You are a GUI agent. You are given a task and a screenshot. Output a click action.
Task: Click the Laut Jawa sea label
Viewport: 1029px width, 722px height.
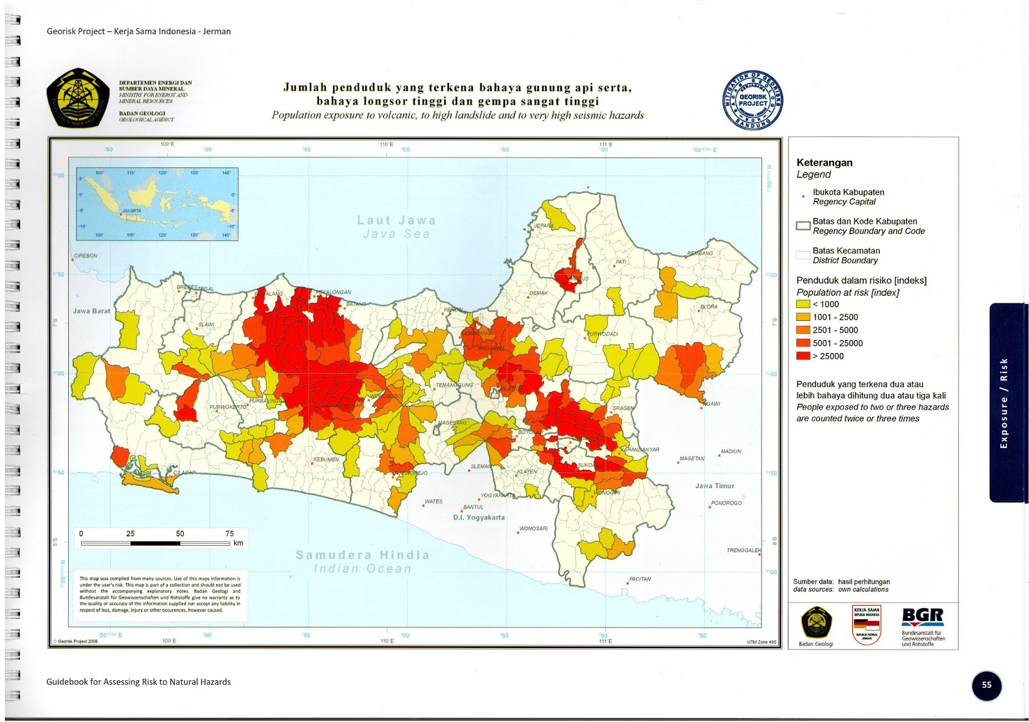[396, 221]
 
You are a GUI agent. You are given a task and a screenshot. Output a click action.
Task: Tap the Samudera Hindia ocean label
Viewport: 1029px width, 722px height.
[362, 555]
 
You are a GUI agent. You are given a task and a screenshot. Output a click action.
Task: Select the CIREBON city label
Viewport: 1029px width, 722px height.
[86, 256]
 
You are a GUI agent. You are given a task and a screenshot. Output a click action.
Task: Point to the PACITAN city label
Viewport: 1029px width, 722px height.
[640, 579]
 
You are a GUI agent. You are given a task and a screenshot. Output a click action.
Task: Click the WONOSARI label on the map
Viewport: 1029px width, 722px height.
[533, 528]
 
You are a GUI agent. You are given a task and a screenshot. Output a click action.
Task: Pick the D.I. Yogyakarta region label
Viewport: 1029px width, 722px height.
[478, 518]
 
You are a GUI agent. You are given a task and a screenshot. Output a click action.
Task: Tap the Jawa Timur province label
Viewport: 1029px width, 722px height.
[715, 486]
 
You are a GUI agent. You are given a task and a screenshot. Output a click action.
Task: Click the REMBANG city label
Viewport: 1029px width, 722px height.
[700, 253]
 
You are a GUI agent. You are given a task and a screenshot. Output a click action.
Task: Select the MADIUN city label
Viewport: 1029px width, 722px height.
[731, 451]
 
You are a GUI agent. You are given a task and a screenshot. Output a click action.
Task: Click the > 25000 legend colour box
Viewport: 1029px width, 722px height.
[803, 356]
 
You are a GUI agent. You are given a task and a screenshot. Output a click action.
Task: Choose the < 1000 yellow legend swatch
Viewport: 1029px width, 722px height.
[803, 304]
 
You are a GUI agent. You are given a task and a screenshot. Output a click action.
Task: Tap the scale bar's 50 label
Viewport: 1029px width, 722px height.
[180, 534]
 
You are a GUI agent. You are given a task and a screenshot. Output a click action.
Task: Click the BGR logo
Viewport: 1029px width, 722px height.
[922, 617]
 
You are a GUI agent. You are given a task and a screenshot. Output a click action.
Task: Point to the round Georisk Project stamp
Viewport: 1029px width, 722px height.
[752, 100]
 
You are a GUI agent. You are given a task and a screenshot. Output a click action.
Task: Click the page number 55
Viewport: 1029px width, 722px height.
[987, 685]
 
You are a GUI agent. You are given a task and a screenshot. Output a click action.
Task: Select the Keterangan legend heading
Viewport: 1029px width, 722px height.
[824, 163]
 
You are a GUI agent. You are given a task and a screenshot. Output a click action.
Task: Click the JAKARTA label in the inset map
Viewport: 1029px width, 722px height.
[131, 211]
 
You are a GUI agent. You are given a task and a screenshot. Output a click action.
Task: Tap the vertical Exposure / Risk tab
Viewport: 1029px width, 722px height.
[1004, 403]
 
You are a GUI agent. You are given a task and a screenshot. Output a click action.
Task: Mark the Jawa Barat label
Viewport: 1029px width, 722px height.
[91, 311]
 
